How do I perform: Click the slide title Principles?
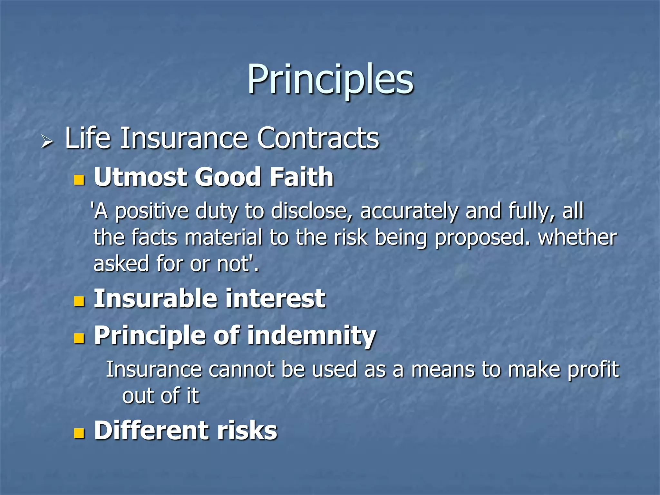point(330,80)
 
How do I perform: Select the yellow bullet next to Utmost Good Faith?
point(79,180)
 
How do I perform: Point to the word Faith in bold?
point(301,177)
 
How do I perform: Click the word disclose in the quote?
point(312,211)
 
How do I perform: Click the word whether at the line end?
point(577,237)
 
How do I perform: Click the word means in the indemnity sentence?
point(443,370)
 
